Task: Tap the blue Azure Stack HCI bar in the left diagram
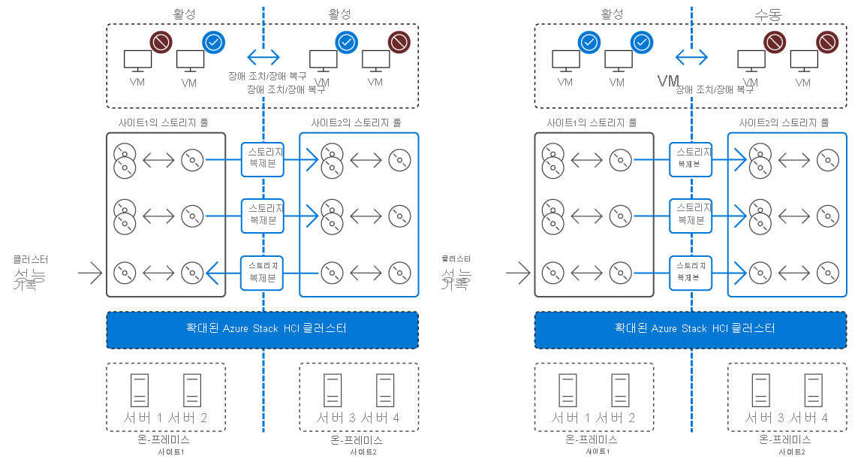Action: tap(263, 329)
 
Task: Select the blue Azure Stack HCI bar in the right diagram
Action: tap(691, 329)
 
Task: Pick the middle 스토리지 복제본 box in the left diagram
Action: tap(263, 216)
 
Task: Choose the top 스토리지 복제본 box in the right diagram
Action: tap(691, 158)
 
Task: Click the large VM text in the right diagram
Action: tap(668, 80)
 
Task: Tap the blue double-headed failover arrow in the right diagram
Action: tap(691, 56)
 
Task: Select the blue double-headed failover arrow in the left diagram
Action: tap(263, 56)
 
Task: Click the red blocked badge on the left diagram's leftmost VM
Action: tap(161, 42)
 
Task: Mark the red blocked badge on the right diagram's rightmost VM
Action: tap(826, 42)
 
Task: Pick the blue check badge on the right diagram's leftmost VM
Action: tap(589, 42)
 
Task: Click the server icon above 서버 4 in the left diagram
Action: tap(385, 391)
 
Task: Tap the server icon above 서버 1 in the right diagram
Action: tap(567, 391)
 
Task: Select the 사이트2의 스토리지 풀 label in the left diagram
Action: tap(356, 122)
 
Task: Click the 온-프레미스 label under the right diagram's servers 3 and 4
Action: tap(785, 439)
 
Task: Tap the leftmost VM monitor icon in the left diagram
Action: tap(137, 60)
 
